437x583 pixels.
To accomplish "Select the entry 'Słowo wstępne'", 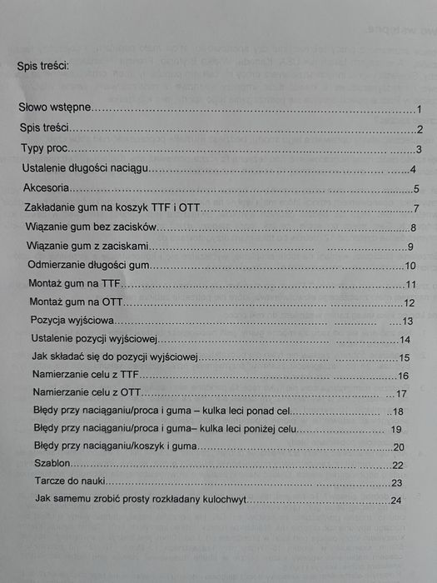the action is pyautogui.click(x=56, y=108).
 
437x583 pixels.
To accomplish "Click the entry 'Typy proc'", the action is pyautogui.click(x=45, y=149).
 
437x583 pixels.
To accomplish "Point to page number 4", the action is pyautogui.click(x=413, y=170).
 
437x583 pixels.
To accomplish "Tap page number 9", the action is pyautogui.click(x=410, y=247).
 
